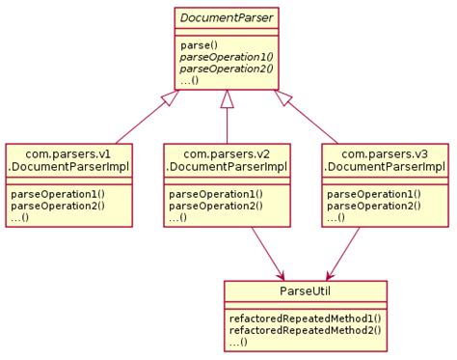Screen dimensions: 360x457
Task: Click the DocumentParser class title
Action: (x=227, y=18)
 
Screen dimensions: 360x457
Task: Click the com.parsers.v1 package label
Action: (x=68, y=152)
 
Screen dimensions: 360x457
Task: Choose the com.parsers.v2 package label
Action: (x=227, y=152)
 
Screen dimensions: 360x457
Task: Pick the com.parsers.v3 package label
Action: (x=385, y=152)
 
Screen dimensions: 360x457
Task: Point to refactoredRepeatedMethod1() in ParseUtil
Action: (x=305, y=318)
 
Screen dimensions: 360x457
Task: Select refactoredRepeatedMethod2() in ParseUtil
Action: (x=305, y=329)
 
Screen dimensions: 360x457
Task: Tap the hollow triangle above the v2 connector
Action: (x=227, y=98)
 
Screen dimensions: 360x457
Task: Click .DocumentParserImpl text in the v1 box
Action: (x=68, y=168)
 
